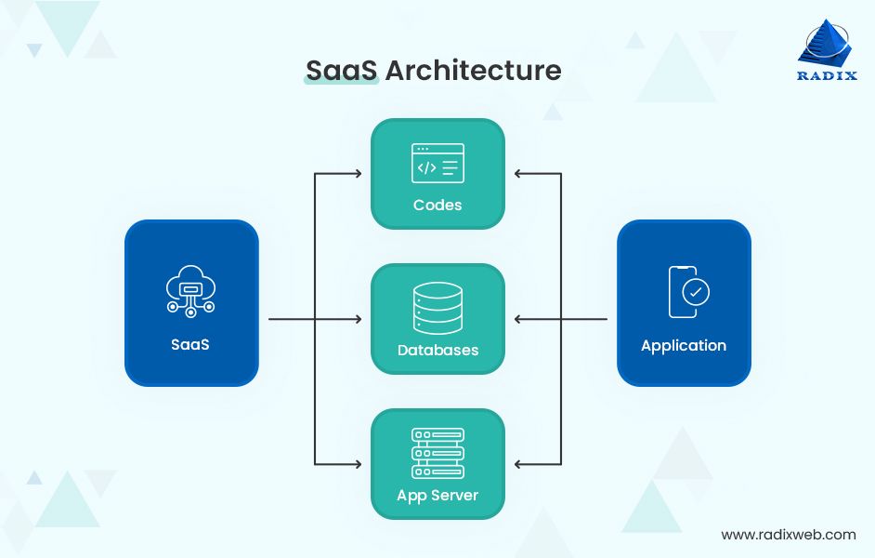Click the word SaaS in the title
pos(341,70)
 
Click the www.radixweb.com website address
pos(789,535)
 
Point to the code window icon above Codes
pos(437,164)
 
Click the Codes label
pos(437,205)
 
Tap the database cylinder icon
pos(437,308)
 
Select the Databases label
pos(437,351)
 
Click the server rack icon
pos(437,453)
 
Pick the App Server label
pos(437,496)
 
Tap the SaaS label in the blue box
pos(190,344)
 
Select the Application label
pos(684,345)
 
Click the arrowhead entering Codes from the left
pos(358,174)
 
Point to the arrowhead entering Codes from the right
pos(518,174)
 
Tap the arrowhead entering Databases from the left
pos(358,319)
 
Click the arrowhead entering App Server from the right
pos(518,463)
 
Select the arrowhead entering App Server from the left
pos(358,463)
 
